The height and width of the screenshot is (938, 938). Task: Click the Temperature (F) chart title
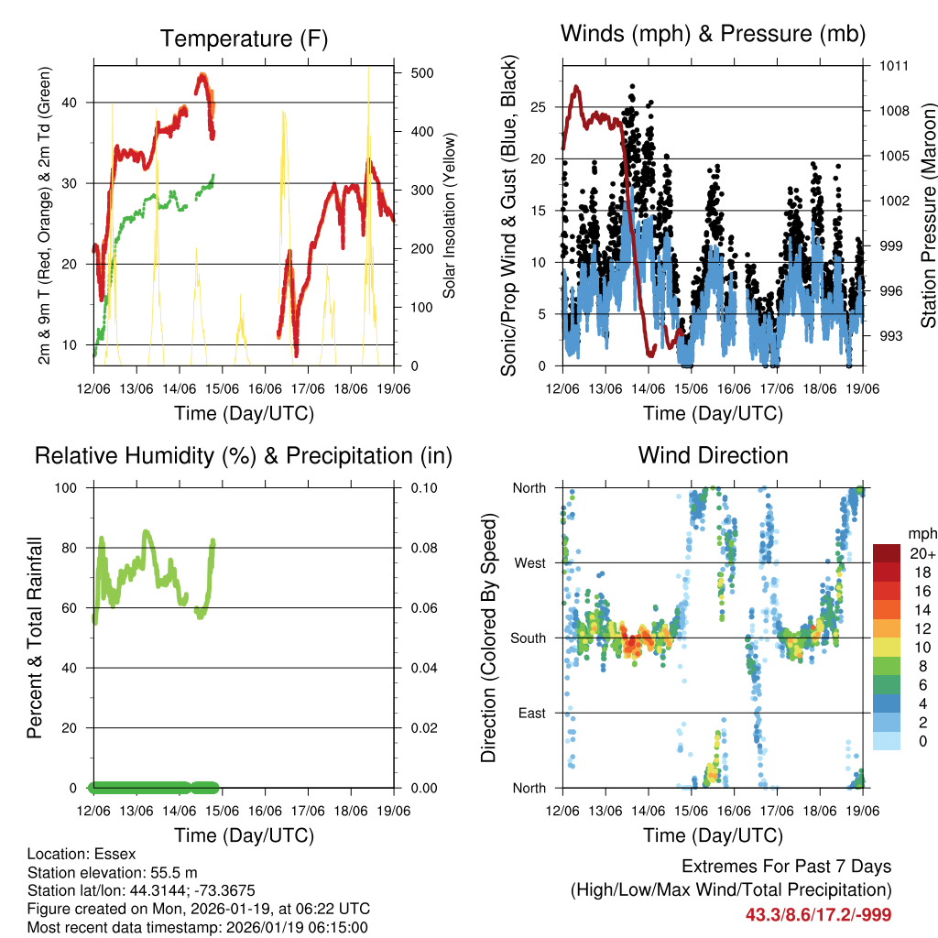tap(244, 38)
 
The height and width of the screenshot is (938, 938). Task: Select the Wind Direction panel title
tap(713, 455)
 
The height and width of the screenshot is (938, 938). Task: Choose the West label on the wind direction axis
tap(529, 562)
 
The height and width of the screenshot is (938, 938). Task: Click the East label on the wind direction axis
tap(530, 713)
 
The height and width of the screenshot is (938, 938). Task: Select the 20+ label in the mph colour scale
tap(923, 553)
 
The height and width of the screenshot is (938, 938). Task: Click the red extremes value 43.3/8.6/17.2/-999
tap(818, 914)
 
